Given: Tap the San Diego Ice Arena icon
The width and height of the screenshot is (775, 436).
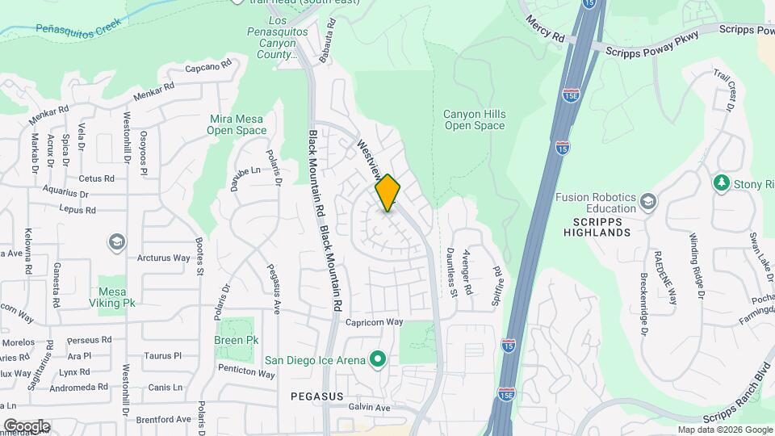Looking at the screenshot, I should (x=377, y=359).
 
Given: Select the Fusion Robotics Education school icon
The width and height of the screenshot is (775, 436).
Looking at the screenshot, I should (x=647, y=200).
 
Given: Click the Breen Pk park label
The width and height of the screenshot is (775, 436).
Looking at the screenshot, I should (x=236, y=341).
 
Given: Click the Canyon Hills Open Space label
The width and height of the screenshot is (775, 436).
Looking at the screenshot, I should (x=475, y=119).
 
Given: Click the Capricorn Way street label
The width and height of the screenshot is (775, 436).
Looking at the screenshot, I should (x=375, y=321).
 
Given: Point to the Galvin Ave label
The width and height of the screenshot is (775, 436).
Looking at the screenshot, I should (x=369, y=408).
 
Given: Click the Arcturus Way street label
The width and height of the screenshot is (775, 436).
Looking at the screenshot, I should (x=162, y=258).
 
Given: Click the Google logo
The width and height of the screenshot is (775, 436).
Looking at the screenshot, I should (x=27, y=426).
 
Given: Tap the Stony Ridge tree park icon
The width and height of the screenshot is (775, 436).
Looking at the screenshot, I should (x=720, y=183).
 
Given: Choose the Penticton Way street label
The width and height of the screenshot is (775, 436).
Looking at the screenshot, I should (x=246, y=372).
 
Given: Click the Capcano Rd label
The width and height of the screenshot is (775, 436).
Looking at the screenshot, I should (x=208, y=65).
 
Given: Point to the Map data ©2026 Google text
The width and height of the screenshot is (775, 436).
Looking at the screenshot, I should (x=723, y=430).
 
